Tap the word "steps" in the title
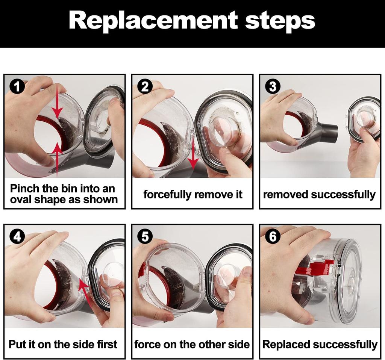pos(280,21)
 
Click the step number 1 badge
pos(17,87)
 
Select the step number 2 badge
pos(145,87)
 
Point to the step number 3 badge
pos(273,87)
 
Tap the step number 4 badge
pos(17,237)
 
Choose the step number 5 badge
pos(145,237)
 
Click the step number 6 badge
pos(273,237)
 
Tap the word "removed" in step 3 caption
pos(286,194)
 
